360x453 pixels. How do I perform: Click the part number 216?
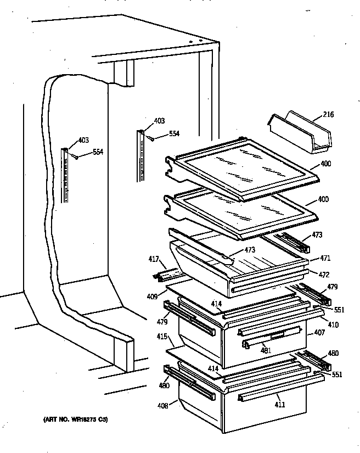tap(328, 115)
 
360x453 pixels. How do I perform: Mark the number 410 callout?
tap(333, 325)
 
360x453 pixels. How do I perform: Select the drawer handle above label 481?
tap(273, 335)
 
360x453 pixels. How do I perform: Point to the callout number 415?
tap(162, 336)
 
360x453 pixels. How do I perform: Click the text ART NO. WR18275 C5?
tap(75, 420)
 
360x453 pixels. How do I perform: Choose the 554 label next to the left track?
tap(98, 152)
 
